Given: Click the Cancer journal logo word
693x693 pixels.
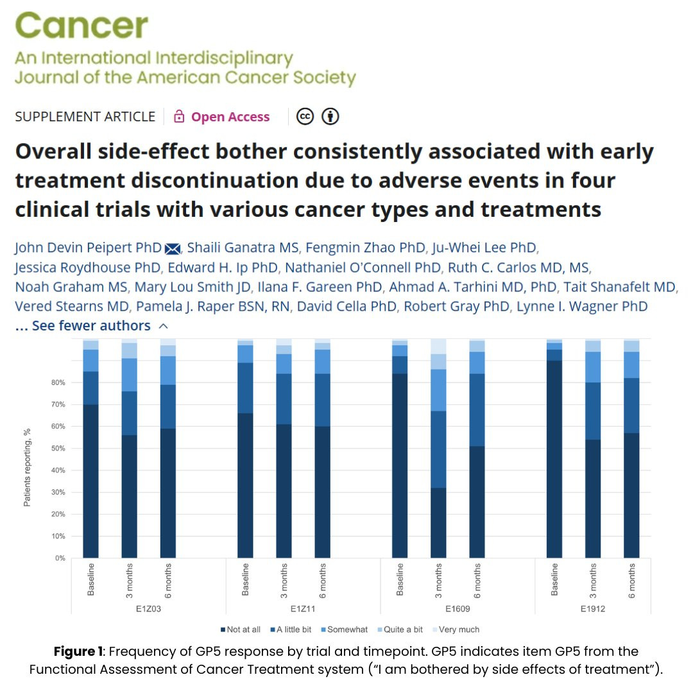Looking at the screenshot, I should [x=81, y=26].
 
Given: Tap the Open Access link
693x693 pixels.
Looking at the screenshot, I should [x=230, y=117].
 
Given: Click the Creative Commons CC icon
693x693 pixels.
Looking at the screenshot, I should [x=305, y=116].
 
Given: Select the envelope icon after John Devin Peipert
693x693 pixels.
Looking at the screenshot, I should [x=172, y=248].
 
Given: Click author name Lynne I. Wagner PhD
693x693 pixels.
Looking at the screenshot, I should [x=582, y=306].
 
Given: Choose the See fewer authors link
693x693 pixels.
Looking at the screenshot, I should [x=91, y=325].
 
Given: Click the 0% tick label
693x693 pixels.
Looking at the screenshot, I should [x=59, y=558].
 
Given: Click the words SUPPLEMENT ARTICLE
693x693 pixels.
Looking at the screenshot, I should [x=85, y=117].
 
